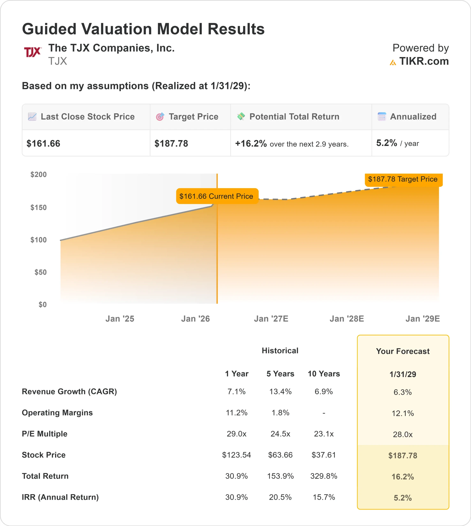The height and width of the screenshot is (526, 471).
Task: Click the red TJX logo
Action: tap(32, 52)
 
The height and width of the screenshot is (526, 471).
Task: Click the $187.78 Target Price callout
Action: tap(403, 179)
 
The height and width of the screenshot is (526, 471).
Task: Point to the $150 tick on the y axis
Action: tap(39, 207)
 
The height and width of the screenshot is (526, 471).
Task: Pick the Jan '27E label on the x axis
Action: tap(271, 319)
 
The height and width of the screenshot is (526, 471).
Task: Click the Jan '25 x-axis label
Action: tap(120, 319)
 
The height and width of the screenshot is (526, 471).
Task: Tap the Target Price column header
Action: tap(193, 117)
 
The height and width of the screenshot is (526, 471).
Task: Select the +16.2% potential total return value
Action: tap(251, 143)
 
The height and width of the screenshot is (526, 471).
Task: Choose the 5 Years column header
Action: tap(280, 374)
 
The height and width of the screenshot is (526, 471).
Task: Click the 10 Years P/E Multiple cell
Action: tap(324, 434)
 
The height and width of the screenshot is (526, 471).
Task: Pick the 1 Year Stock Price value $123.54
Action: tap(237, 455)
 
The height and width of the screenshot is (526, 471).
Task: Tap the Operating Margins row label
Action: tap(57, 413)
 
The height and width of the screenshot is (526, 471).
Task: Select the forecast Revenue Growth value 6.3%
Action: tap(403, 392)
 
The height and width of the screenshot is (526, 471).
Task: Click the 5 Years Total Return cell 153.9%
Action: tap(280, 476)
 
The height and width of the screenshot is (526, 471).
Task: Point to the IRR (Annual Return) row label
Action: tap(60, 497)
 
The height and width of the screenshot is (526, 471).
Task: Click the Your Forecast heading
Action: tap(403, 351)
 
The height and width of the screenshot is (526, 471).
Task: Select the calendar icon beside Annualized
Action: tap(382, 117)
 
